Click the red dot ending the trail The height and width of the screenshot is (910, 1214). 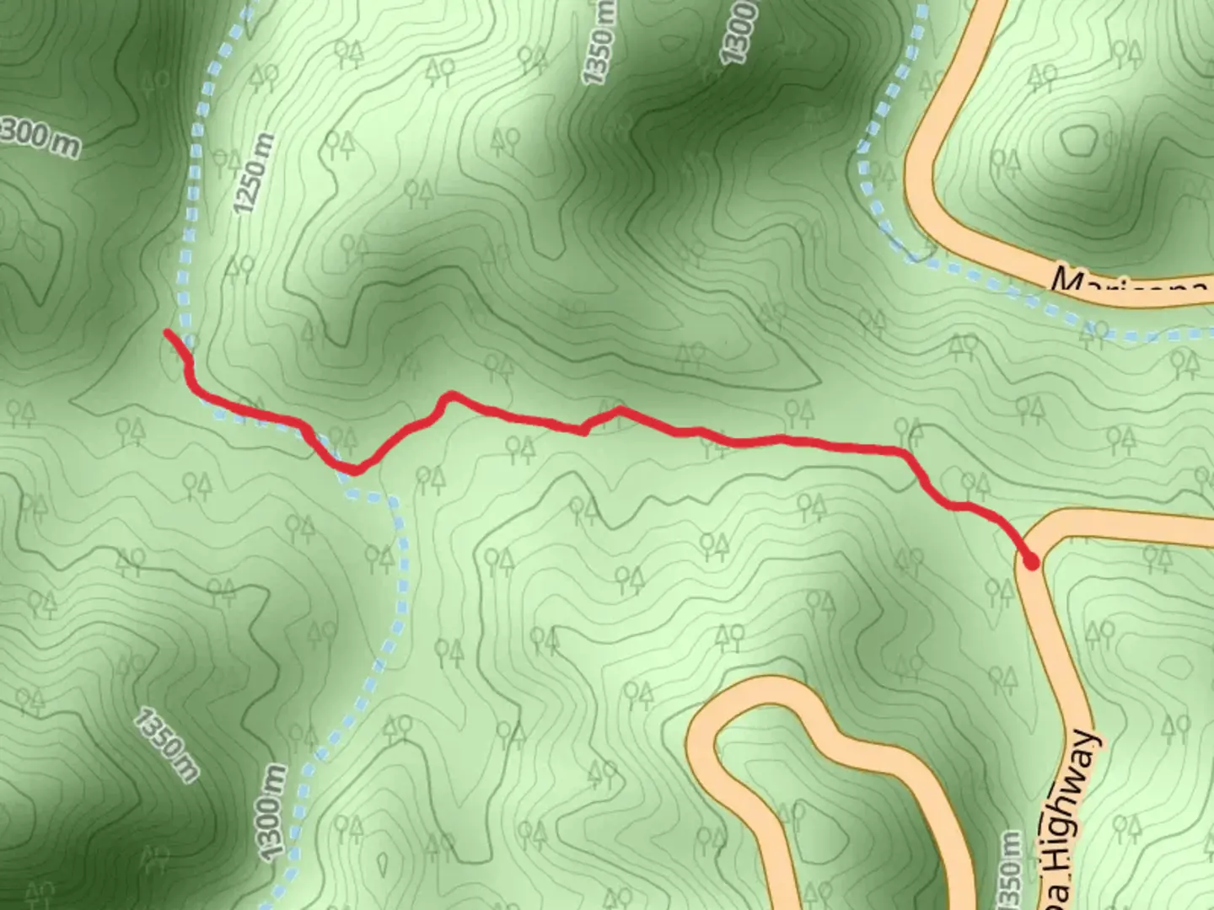point(1030,560)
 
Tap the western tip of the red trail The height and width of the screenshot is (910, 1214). point(168,334)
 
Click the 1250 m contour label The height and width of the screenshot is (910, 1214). point(254,173)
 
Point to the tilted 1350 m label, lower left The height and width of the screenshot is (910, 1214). point(167,745)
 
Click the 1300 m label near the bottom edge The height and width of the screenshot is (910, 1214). point(271,813)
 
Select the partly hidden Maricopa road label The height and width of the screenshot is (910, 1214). point(1130,285)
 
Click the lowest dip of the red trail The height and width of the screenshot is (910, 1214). point(355,470)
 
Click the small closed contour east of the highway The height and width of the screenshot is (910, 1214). point(1180,666)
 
